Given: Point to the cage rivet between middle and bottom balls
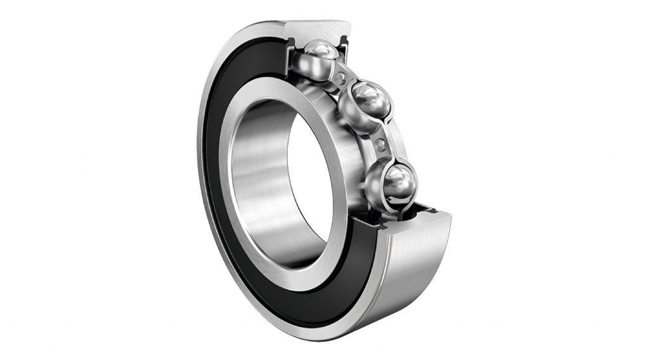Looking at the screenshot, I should [380, 144].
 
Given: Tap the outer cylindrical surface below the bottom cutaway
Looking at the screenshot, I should [411, 278].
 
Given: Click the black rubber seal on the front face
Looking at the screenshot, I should [218, 190].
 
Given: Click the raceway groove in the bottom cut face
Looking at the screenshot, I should [405, 215].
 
